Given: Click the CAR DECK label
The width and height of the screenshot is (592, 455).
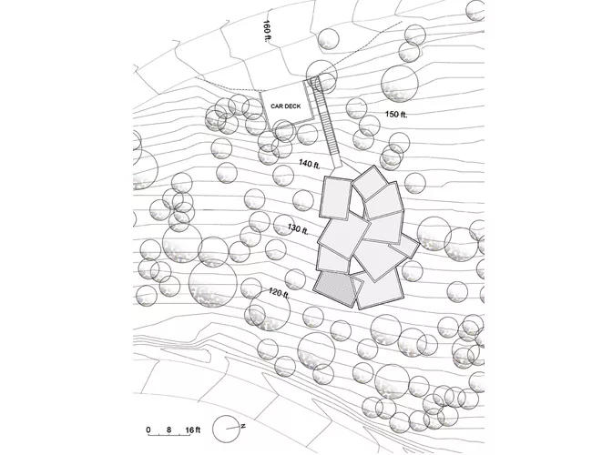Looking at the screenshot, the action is (x=286, y=106).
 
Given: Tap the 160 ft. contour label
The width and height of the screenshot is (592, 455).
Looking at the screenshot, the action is (x=267, y=31).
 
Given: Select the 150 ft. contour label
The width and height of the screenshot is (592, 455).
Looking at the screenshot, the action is (x=396, y=115).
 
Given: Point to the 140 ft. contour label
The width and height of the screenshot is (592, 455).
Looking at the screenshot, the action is (x=310, y=164).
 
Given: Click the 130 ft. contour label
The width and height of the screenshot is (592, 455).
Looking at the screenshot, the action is (x=298, y=229).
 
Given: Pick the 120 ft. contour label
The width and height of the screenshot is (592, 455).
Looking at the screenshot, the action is (x=279, y=292).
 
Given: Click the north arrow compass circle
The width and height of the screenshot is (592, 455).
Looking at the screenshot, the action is (x=226, y=429).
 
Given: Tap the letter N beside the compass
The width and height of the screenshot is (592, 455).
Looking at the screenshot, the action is (x=243, y=426).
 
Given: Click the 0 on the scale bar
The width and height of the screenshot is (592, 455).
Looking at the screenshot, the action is (x=148, y=430).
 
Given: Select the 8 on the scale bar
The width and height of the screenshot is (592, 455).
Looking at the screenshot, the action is (x=168, y=430).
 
